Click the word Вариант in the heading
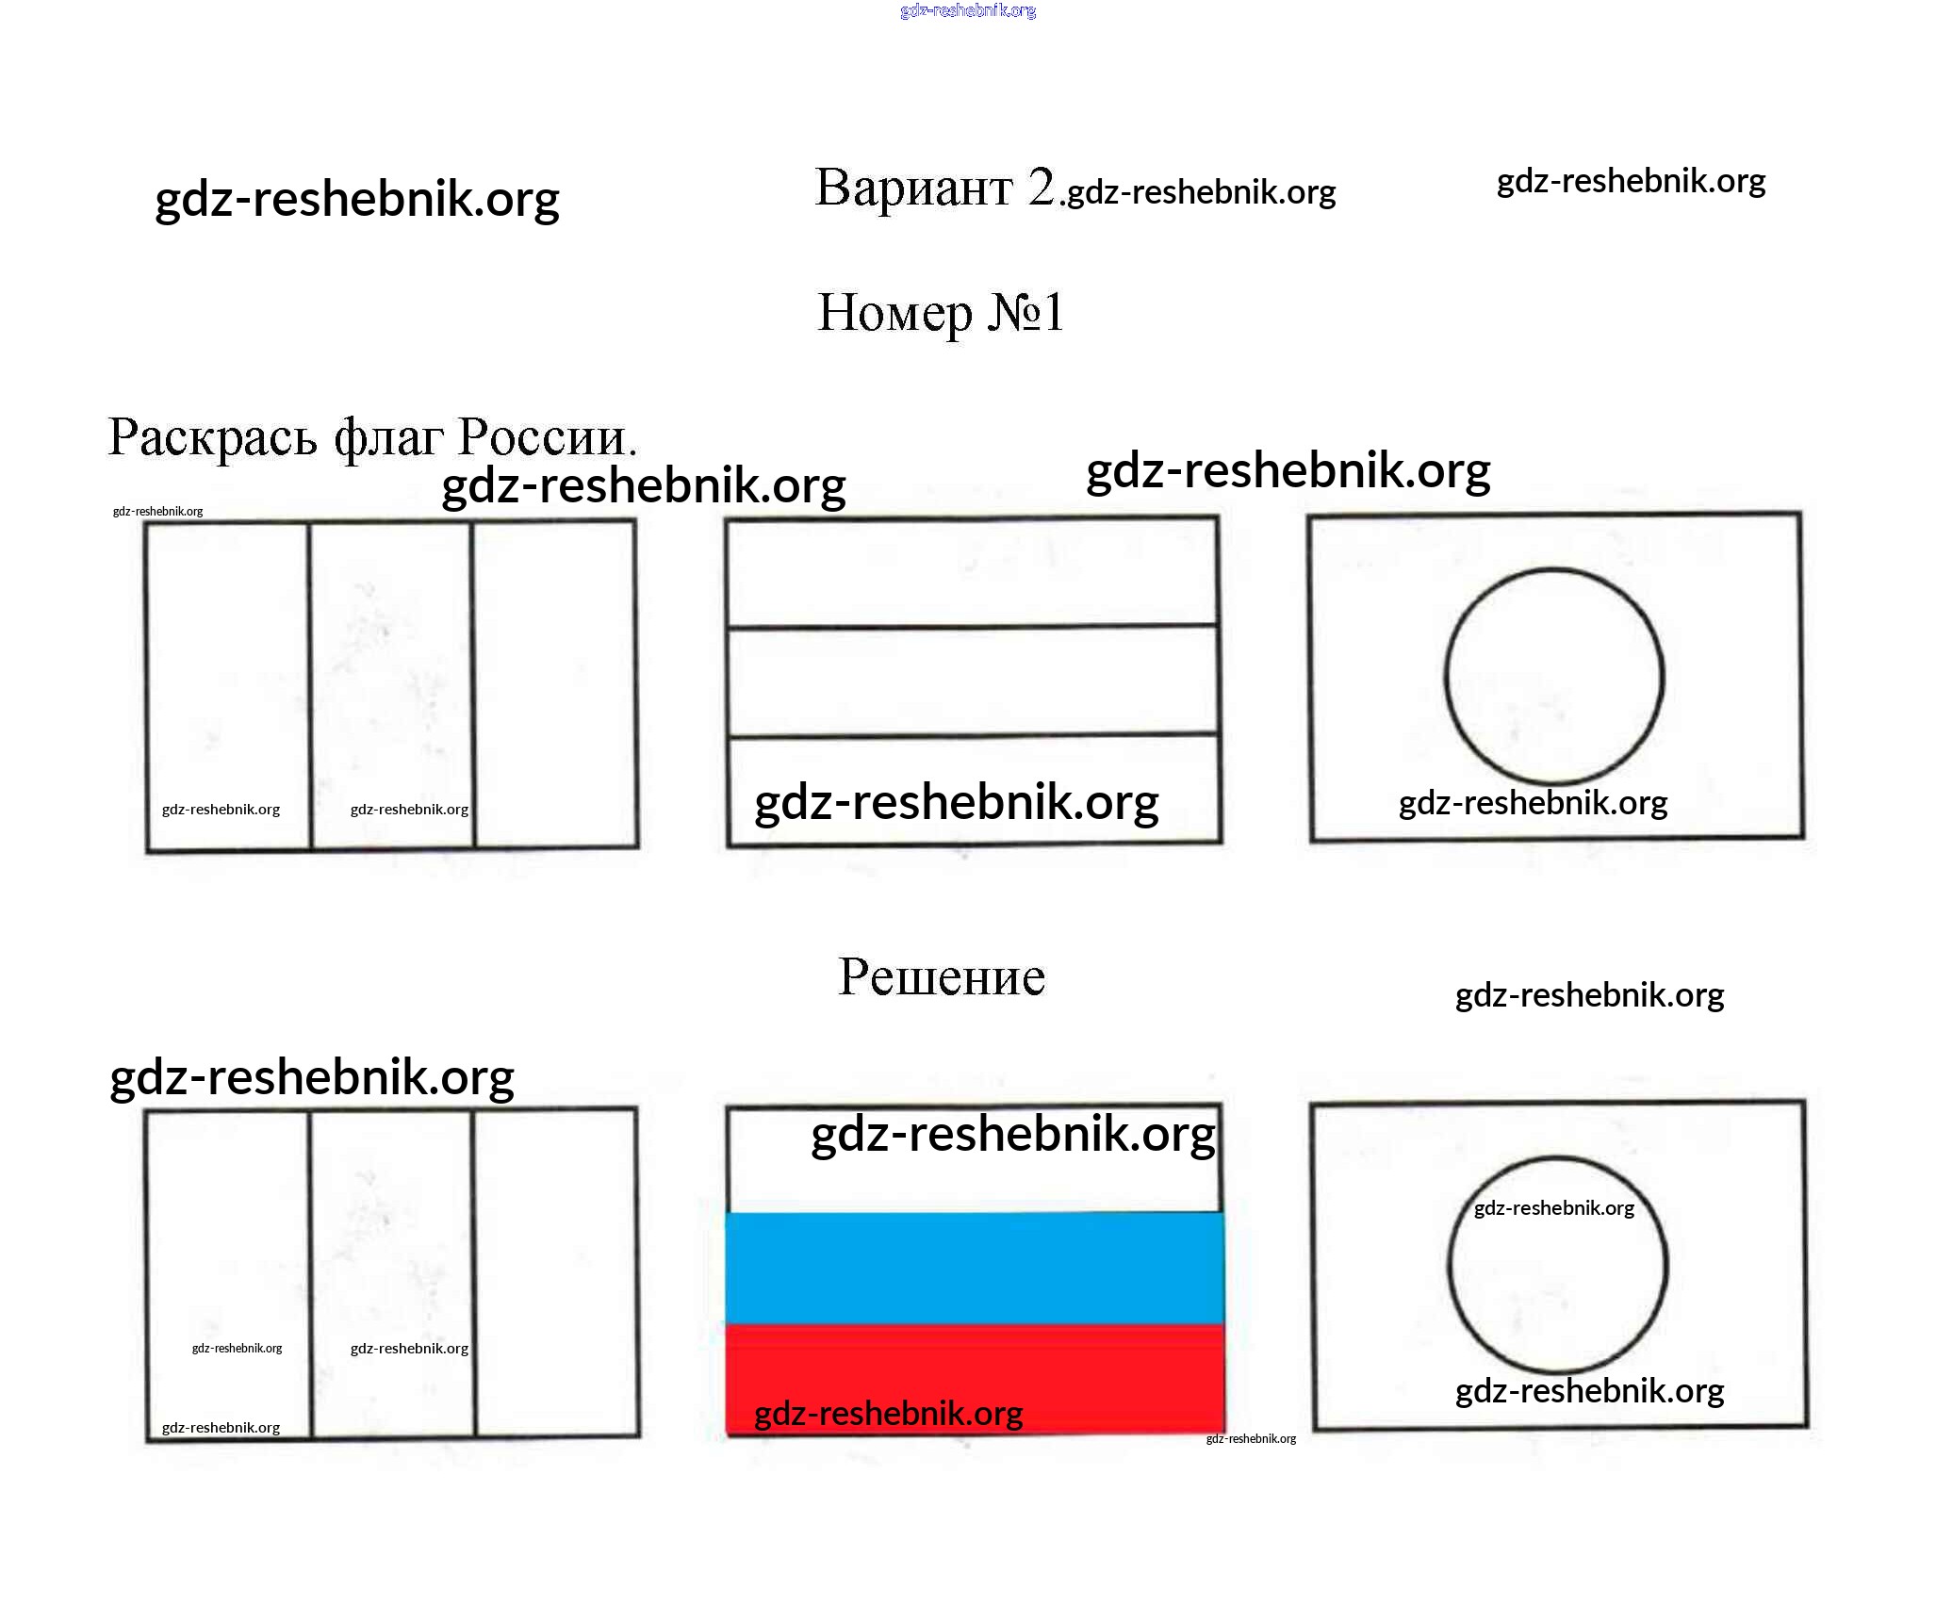[913, 188]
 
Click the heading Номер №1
[941, 313]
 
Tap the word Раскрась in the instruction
[212, 437]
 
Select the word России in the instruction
[547, 437]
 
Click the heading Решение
[942, 977]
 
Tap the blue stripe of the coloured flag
[974, 1269]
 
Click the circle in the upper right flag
[1554, 677]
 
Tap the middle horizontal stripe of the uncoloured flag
[973, 680]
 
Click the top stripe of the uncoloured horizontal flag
[972, 573]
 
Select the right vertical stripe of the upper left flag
[555, 685]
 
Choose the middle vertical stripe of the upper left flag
[390, 685]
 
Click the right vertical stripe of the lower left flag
[556, 1272]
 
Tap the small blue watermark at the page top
[968, 11]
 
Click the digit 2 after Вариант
[1041, 187]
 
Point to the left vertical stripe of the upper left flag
[227, 685]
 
